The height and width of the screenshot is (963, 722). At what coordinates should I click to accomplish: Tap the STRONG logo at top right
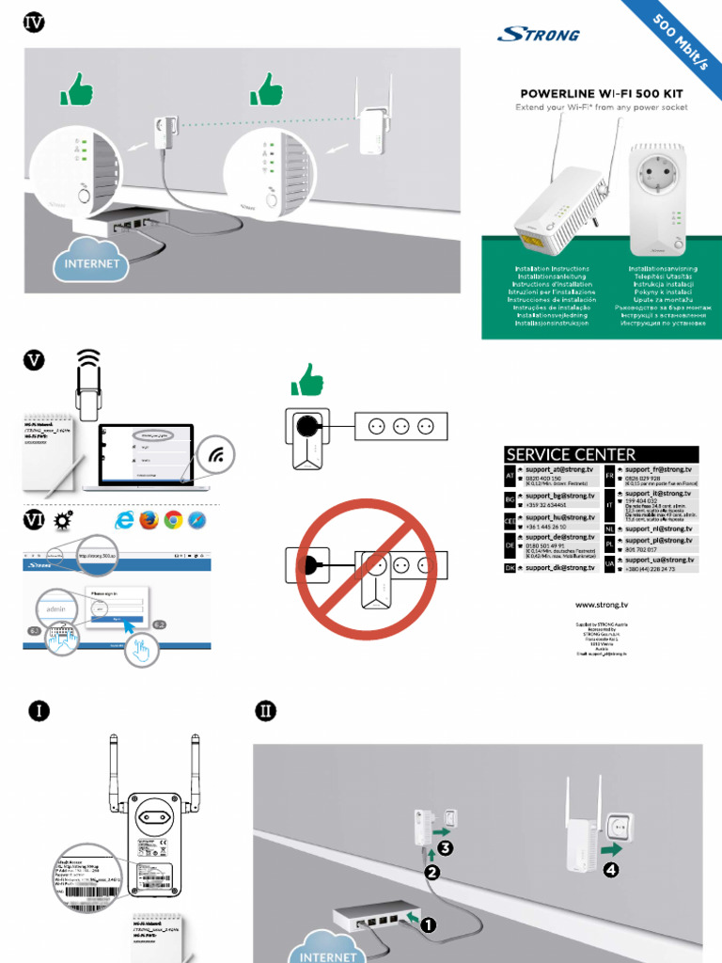(x=538, y=36)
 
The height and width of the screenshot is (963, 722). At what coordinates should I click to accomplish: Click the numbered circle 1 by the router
(x=428, y=925)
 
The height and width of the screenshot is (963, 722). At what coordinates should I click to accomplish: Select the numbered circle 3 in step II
(x=445, y=847)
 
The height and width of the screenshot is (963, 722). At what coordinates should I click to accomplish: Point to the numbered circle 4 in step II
(x=611, y=869)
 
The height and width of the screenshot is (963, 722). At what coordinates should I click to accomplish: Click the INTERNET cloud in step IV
(x=91, y=263)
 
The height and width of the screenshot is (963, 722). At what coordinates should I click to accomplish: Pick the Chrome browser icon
(x=173, y=520)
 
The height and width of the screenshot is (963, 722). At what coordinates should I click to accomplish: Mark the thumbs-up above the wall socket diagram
(x=306, y=382)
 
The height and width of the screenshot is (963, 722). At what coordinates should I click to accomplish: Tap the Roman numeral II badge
(x=265, y=711)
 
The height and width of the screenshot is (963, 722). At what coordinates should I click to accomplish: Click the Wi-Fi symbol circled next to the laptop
(x=216, y=456)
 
